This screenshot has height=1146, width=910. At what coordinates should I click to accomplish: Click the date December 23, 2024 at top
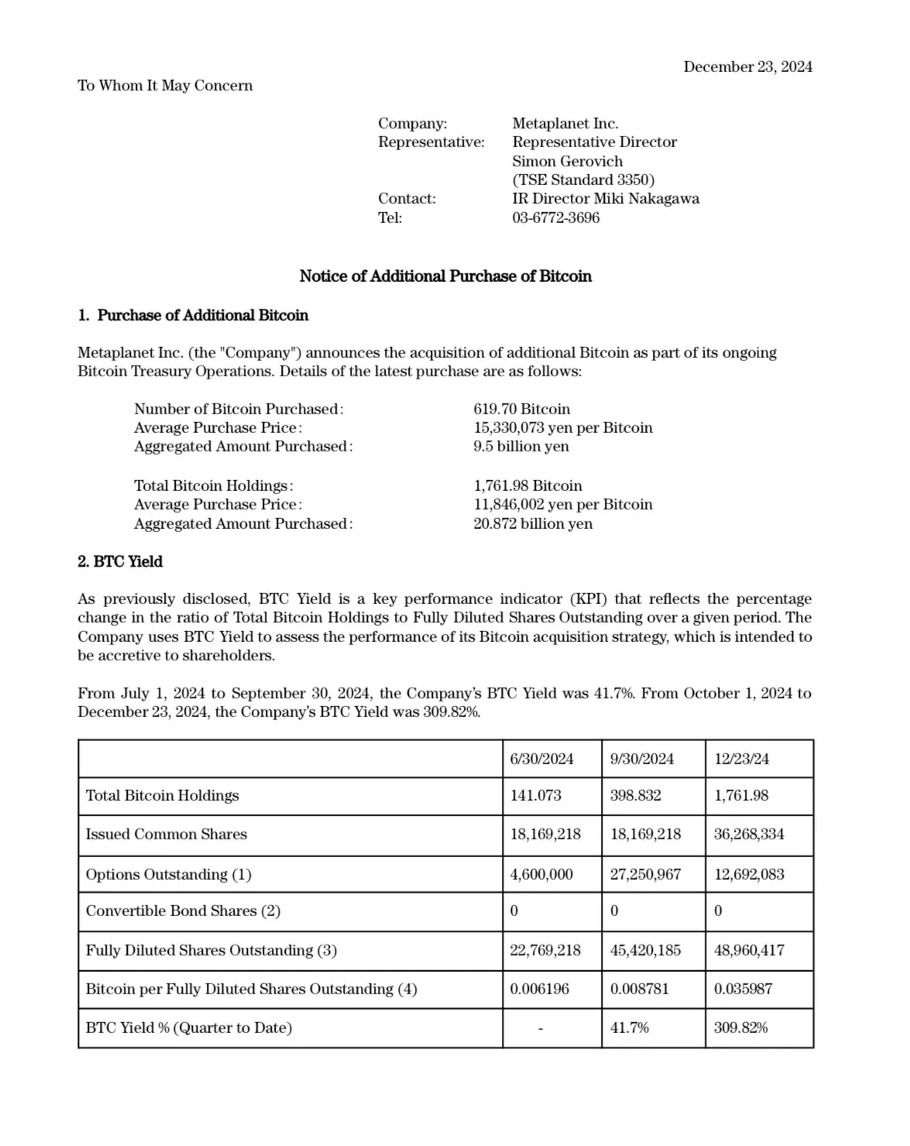pyautogui.click(x=747, y=67)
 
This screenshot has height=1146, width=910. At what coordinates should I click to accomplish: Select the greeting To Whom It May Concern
pyautogui.click(x=165, y=85)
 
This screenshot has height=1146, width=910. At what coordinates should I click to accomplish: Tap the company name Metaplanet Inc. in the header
pyautogui.click(x=565, y=123)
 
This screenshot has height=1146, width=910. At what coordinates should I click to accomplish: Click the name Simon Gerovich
pyautogui.click(x=567, y=161)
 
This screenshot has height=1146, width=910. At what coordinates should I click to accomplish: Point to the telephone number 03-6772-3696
pyautogui.click(x=555, y=218)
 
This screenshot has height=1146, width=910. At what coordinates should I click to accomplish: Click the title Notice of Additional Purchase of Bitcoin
pyautogui.click(x=445, y=276)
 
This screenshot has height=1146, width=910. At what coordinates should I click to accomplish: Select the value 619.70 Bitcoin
pyautogui.click(x=521, y=409)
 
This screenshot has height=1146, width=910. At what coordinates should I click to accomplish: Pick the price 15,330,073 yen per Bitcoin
pyautogui.click(x=562, y=427)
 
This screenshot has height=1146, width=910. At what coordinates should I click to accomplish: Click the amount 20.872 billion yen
pyautogui.click(x=533, y=523)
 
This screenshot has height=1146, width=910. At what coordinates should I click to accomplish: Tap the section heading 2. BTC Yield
pyautogui.click(x=120, y=561)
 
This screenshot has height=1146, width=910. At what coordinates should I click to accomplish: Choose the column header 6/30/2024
pyautogui.click(x=541, y=759)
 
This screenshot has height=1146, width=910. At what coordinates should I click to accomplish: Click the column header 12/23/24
pyautogui.click(x=741, y=759)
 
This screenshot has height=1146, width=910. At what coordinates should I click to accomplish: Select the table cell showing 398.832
pyautogui.click(x=635, y=795)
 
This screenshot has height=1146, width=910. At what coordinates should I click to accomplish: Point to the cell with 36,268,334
pyautogui.click(x=748, y=834)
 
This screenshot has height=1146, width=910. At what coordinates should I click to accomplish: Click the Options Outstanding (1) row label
pyautogui.click(x=168, y=874)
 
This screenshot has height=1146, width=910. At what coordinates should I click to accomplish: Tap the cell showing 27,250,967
pyautogui.click(x=645, y=874)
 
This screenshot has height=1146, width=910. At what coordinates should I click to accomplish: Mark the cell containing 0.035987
pyautogui.click(x=742, y=989)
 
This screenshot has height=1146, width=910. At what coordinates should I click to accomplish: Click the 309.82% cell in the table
pyautogui.click(x=740, y=1028)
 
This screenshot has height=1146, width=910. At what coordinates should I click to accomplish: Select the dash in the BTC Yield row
pyautogui.click(x=540, y=1028)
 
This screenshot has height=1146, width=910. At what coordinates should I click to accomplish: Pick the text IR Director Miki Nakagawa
pyautogui.click(x=605, y=198)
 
